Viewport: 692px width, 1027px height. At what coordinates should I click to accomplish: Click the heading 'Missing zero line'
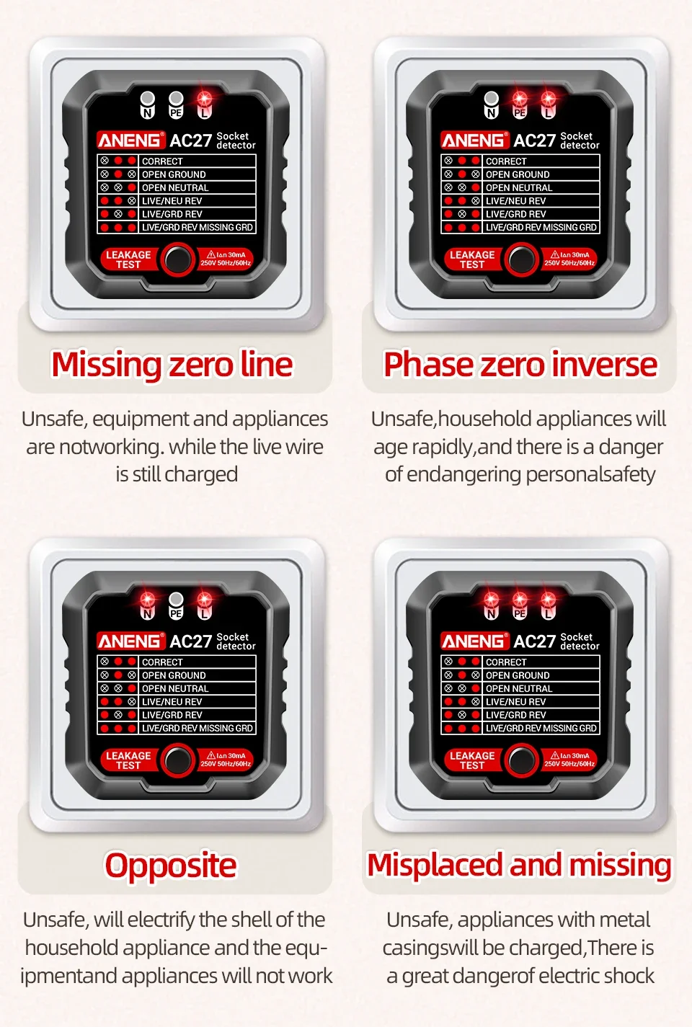tap(172, 365)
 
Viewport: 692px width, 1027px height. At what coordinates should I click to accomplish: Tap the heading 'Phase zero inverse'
tap(520, 365)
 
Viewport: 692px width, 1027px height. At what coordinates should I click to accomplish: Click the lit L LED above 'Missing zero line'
tap(204, 99)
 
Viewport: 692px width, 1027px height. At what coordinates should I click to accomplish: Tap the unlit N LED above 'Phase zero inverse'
tap(491, 99)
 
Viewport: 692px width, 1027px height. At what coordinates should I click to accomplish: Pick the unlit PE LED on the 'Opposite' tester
tap(176, 599)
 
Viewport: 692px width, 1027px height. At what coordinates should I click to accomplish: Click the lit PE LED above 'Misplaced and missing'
tap(520, 599)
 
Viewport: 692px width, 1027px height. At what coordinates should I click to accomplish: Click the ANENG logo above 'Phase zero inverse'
tap(474, 141)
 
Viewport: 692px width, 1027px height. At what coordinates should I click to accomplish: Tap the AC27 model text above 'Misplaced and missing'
tap(535, 641)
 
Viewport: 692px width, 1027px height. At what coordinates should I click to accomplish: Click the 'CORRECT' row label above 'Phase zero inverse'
tap(506, 161)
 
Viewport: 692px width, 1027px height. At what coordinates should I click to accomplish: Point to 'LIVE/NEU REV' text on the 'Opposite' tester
tap(172, 701)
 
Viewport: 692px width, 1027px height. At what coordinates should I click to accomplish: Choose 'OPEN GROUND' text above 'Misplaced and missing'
tap(518, 675)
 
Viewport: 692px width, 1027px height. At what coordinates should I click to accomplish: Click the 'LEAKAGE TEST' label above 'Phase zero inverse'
tap(472, 259)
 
